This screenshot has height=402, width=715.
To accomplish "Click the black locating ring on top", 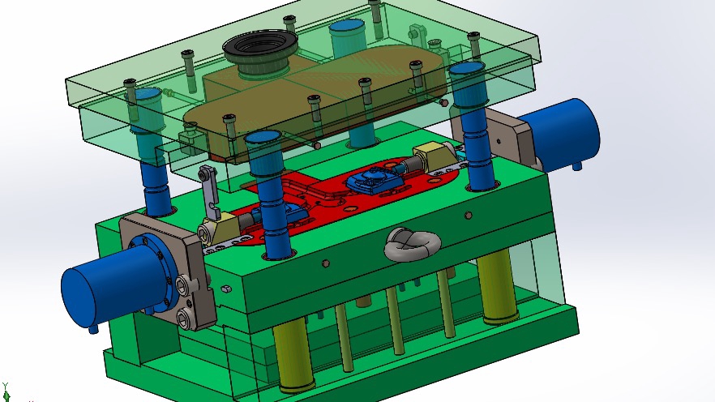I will pos(258,50).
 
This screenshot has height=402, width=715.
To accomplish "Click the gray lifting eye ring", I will pos(412,243).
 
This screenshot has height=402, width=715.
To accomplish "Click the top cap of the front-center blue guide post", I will pos(264,137).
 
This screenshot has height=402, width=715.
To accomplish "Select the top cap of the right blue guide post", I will pos(468,68).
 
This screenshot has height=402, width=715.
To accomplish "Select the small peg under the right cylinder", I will pos(577,167).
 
